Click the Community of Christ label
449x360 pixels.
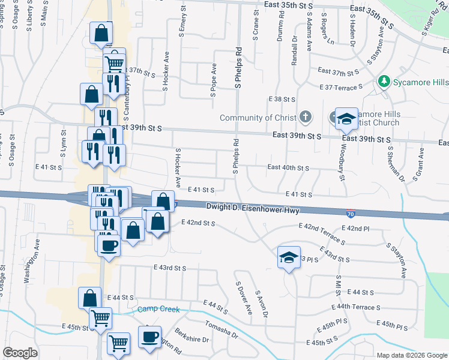tap(258, 118)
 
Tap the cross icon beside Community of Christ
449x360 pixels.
tap(306, 117)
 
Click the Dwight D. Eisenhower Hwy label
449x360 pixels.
tap(253, 208)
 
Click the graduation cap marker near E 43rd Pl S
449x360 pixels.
tap(289, 258)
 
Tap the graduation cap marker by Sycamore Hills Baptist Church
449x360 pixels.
tap(346, 119)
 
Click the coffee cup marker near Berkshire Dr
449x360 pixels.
tap(149, 337)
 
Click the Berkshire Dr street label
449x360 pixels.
tap(192, 335)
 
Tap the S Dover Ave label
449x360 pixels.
tap(244, 298)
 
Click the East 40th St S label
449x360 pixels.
tap(288, 168)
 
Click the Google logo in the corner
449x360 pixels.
tap(20, 353)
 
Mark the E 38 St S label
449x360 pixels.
tap(283, 99)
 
